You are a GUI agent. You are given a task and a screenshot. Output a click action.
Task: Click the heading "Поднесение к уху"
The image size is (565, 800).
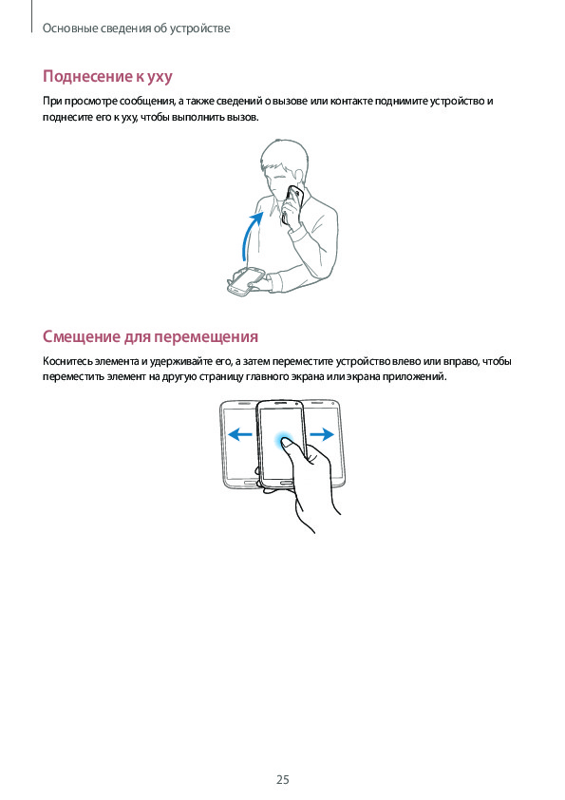(107, 77)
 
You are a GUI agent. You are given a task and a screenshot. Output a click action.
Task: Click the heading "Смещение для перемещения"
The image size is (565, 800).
(150, 336)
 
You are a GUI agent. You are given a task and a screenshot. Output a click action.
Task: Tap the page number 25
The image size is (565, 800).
(283, 780)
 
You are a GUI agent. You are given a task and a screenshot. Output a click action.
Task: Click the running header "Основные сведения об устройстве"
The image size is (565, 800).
(136, 29)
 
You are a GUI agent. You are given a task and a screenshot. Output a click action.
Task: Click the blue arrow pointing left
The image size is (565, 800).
(239, 434)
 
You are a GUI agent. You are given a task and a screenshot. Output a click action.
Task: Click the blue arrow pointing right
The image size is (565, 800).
(322, 434)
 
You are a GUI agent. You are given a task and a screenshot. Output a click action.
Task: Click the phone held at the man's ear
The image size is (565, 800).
(292, 205)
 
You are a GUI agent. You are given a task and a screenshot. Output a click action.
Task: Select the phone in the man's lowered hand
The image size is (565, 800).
(246, 281)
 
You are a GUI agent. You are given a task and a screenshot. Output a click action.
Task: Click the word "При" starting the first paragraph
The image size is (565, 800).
(50, 101)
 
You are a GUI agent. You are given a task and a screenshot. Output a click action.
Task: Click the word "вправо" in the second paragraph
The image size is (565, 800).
(461, 361)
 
